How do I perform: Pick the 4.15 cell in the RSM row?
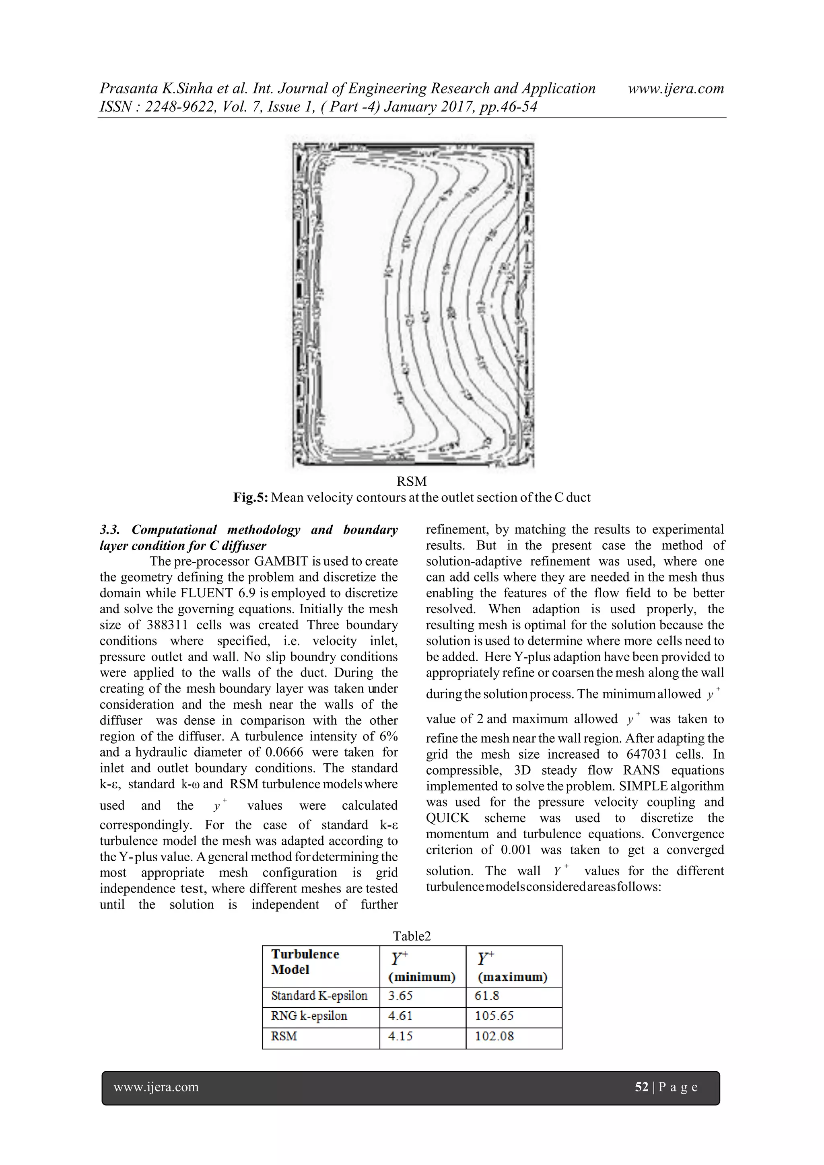point(400,1037)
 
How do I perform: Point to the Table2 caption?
point(412,936)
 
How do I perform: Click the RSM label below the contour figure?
point(412,481)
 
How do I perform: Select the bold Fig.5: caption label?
point(251,497)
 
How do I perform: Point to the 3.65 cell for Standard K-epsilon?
point(400,996)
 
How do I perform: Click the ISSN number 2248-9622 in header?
point(175,107)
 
